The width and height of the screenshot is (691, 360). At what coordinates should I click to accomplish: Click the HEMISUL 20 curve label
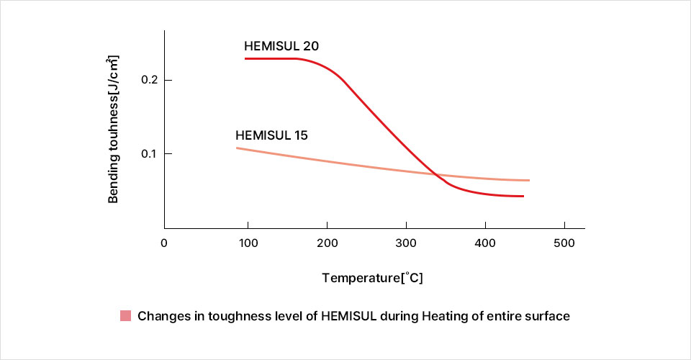point(281,46)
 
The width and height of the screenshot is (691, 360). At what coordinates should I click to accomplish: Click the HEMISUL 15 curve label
point(272,135)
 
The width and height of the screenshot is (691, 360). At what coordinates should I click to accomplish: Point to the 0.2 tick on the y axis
point(151,79)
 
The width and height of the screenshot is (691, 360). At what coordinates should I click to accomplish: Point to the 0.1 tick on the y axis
point(151,154)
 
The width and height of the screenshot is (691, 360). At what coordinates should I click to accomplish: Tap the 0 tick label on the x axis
point(164,243)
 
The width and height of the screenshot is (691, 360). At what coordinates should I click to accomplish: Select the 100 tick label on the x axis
point(248,243)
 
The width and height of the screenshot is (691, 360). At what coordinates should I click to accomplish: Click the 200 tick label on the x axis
point(328,243)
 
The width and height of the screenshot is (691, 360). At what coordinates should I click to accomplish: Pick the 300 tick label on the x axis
point(407,243)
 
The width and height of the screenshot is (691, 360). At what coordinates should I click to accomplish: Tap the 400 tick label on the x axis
point(486,243)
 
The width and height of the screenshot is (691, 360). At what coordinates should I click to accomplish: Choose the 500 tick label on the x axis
point(564,243)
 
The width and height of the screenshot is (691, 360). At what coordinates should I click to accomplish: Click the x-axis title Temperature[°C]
point(372,277)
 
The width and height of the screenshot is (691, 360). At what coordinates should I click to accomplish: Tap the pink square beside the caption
point(126,316)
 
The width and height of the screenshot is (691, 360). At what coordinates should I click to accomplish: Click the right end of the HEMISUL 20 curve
point(523,196)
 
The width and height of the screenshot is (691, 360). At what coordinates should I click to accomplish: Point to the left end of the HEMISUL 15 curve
point(237,148)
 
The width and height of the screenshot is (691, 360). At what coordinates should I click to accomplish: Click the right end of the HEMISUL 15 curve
point(529,180)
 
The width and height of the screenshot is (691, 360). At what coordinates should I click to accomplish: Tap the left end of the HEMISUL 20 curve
point(245,58)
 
